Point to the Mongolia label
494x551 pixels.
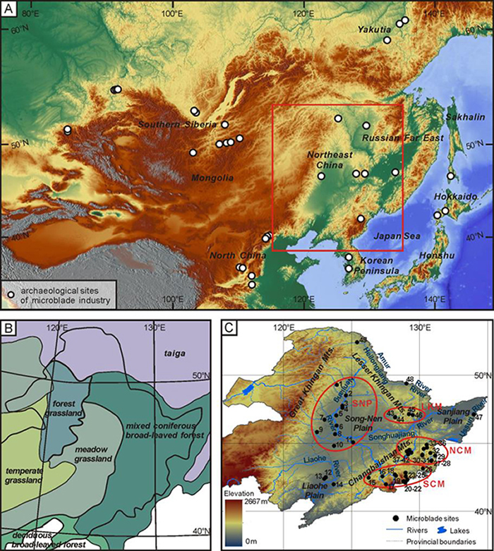[210, 178]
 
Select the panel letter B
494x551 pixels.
[9, 329]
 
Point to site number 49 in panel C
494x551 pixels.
[363, 341]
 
